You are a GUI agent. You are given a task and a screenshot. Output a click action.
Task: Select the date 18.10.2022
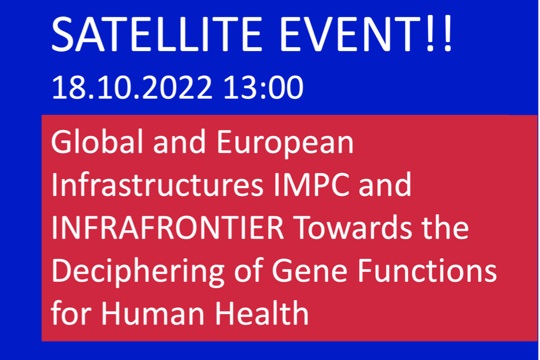coord(132,88)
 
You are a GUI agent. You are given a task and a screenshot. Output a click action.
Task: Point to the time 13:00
coord(264,88)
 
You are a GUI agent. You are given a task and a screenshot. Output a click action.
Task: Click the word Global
coord(97,142)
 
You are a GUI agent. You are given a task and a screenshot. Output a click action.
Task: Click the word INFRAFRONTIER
coord(168,228)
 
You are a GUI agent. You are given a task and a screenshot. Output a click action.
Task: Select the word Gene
coord(309,271)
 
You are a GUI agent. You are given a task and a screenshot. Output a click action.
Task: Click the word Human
coord(153,313)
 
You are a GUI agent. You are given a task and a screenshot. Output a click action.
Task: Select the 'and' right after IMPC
coord(385,185)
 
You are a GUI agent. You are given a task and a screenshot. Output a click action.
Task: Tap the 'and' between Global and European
coord(179,142)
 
